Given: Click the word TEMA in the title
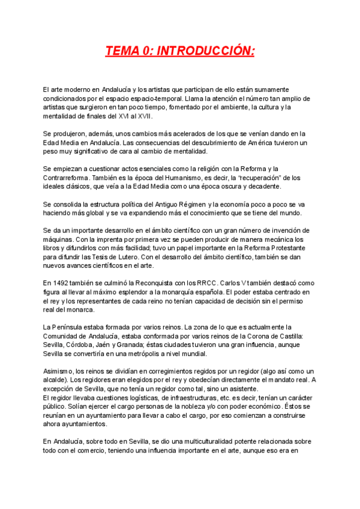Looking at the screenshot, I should coord(122,52).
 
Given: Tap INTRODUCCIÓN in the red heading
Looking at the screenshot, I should coord(206,52).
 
